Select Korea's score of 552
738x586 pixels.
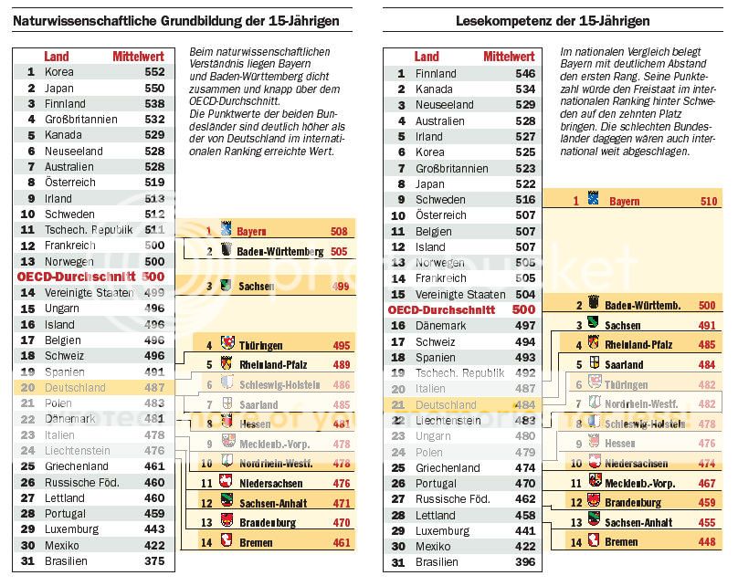[154, 71]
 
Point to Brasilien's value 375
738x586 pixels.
[154, 561]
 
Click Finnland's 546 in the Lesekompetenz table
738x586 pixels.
[524, 74]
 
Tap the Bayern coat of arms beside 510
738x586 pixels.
[592, 199]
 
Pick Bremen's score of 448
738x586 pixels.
[707, 541]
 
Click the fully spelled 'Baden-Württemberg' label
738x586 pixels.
[279, 251]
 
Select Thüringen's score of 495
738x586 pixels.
[341, 346]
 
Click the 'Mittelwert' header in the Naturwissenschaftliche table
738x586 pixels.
[139, 57]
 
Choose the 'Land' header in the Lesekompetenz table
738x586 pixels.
[426, 57]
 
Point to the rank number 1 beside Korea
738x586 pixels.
[30, 71]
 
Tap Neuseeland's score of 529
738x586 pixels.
[524, 105]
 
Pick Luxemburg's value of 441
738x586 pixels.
[524, 530]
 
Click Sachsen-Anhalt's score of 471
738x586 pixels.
[341, 503]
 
